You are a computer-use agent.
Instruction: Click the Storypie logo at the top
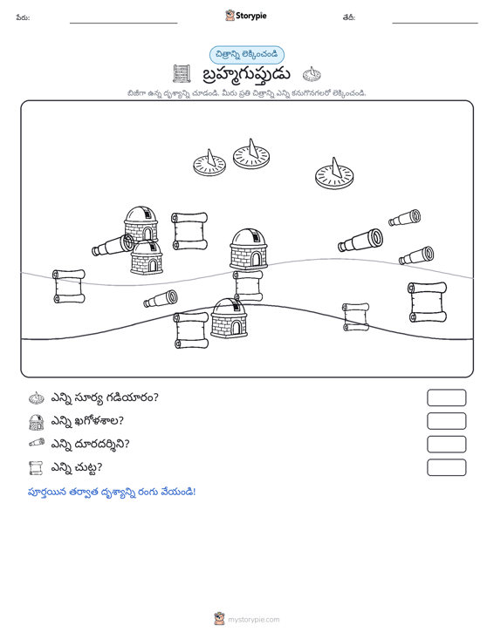[x=246, y=16]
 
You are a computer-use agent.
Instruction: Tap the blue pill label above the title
[x=247, y=55]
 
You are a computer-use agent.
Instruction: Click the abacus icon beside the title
[x=182, y=74]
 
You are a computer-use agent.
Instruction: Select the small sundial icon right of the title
[x=312, y=74]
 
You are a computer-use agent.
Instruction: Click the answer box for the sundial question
[x=446, y=398]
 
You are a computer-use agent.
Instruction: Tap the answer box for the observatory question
[x=446, y=421]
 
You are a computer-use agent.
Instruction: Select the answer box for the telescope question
[x=446, y=445]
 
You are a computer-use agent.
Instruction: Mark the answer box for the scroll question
[x=446, y=467]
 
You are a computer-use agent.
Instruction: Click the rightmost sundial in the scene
[x=334, y=174]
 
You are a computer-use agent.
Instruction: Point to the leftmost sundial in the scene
[x=209, y=163]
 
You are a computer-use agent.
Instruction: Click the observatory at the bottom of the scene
[x=229, y=318]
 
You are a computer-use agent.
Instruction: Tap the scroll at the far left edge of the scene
[x=69, y=287]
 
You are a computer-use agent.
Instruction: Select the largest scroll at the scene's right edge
[x=428, y=303]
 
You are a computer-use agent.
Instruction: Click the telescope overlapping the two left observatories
[x=113, y=245]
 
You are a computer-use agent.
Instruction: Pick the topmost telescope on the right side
[x=405, y=218]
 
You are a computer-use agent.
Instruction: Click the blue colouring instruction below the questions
[x=112, y=492]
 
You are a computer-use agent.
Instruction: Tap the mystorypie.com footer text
[x=253, y=620]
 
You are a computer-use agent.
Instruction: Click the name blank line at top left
[x=124, y=23]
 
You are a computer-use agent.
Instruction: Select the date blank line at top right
[x=435, y=23]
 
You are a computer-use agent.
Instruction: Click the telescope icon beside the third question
[x=37, y=443]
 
